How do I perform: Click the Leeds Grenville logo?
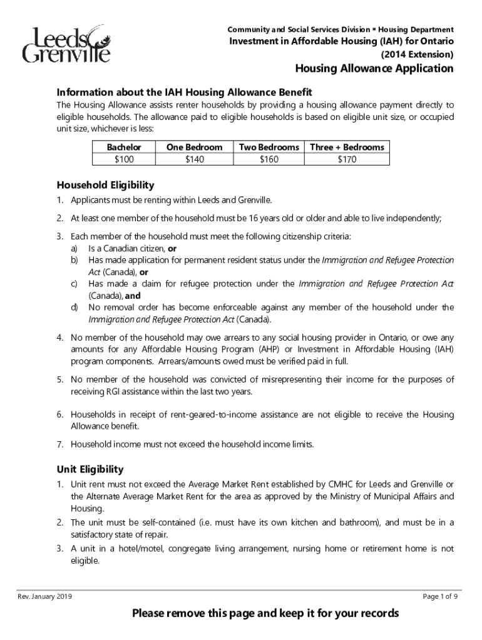pos(66,44)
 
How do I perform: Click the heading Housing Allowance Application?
pos(374,69)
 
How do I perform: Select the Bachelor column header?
pos(124,147)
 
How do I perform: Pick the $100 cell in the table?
pos(124,159)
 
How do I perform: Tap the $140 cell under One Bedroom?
pos(194,159)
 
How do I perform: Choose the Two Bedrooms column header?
pos(269,147)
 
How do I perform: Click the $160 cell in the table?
pos(269,159)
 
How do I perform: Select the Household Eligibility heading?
pos(105,186)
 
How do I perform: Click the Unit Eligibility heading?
pos(90,469)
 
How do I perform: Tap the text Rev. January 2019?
pos(44,596)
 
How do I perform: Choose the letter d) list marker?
pos(73,307)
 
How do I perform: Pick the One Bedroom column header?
pos(194,147)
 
